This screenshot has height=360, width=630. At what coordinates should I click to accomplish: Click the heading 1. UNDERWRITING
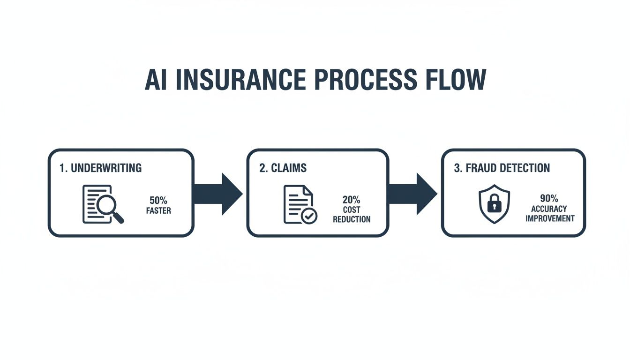[x=101, y=168]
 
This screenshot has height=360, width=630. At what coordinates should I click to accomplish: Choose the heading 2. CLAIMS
[x=283, y=168]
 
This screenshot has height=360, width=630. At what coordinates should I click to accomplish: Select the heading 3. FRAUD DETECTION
[x=502, y=168]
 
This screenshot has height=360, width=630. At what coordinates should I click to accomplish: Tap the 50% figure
[x=158, y=201]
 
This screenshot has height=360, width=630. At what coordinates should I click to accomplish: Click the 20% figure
[x=352, y=200]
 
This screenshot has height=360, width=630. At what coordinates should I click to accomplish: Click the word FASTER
[x=158, y=211]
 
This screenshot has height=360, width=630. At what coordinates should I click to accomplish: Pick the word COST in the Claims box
[x=352, y=210]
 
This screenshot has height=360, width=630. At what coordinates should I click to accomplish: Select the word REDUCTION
[x=352, y=219]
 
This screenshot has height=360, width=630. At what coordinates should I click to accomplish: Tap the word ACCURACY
[x=549, y=209]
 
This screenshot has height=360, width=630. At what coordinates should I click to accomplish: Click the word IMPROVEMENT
[x=550, y=218]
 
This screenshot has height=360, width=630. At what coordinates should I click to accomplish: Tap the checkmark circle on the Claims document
[x=309, y=216]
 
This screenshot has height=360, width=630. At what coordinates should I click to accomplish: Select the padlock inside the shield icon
[x=494, y=203]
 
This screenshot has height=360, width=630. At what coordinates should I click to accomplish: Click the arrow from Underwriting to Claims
[x=217, y=194]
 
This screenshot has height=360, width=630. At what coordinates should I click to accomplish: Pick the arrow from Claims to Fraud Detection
[x=413, y=194]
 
